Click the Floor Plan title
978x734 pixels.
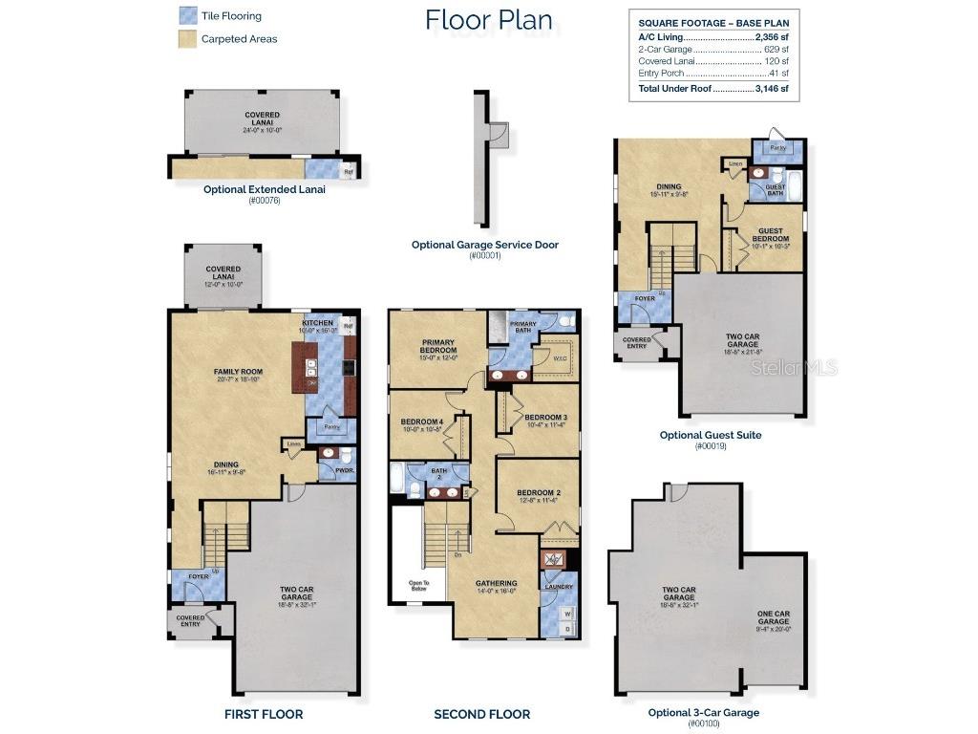(x=488, y=19)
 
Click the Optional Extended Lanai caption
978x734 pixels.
(x=265, y=189)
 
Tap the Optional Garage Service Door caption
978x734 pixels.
(x=485, y=245)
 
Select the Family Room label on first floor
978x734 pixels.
(x=237, y=372)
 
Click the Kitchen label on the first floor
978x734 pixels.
(x=317, y=324)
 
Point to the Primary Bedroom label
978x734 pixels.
(x=437, y=346)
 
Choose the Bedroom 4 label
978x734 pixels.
(x=421, y=421)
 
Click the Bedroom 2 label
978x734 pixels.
(x=539, y=493)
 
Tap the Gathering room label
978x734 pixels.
(x=496, y=583)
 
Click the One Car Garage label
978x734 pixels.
(x=774, y=616)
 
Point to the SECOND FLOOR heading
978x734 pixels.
(x=481, y=714)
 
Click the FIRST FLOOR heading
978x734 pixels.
(x=264, y=714)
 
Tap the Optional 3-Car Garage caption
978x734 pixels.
(x=704, y=712)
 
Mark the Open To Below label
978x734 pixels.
(x=418, y=584)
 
